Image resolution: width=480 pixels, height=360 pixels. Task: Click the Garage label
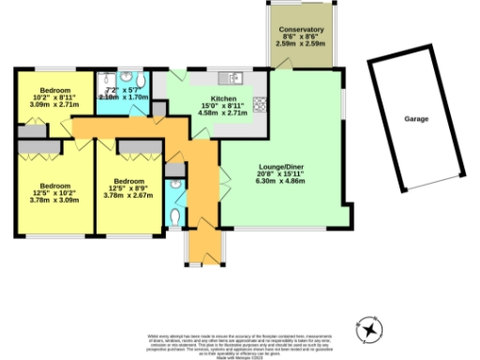[416, 119]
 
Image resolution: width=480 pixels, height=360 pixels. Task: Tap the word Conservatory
[301, 30]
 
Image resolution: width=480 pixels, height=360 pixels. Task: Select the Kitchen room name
[223, 98]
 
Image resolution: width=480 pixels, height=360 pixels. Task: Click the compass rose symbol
[369, 330]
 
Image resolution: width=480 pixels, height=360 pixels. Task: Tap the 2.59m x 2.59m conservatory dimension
[301, 44]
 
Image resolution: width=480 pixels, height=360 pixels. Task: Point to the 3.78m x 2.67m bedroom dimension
[127, 197]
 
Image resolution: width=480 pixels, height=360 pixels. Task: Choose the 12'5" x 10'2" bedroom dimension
[52, 191]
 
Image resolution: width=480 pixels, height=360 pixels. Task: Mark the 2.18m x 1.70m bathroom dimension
[124, 97]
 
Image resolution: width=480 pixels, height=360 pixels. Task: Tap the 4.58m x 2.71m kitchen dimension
[223, 113]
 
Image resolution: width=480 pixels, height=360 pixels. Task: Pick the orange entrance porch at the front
[202, 246]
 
